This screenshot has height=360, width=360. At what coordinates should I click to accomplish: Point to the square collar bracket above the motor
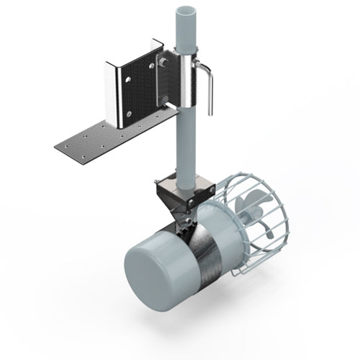point(186,190)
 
